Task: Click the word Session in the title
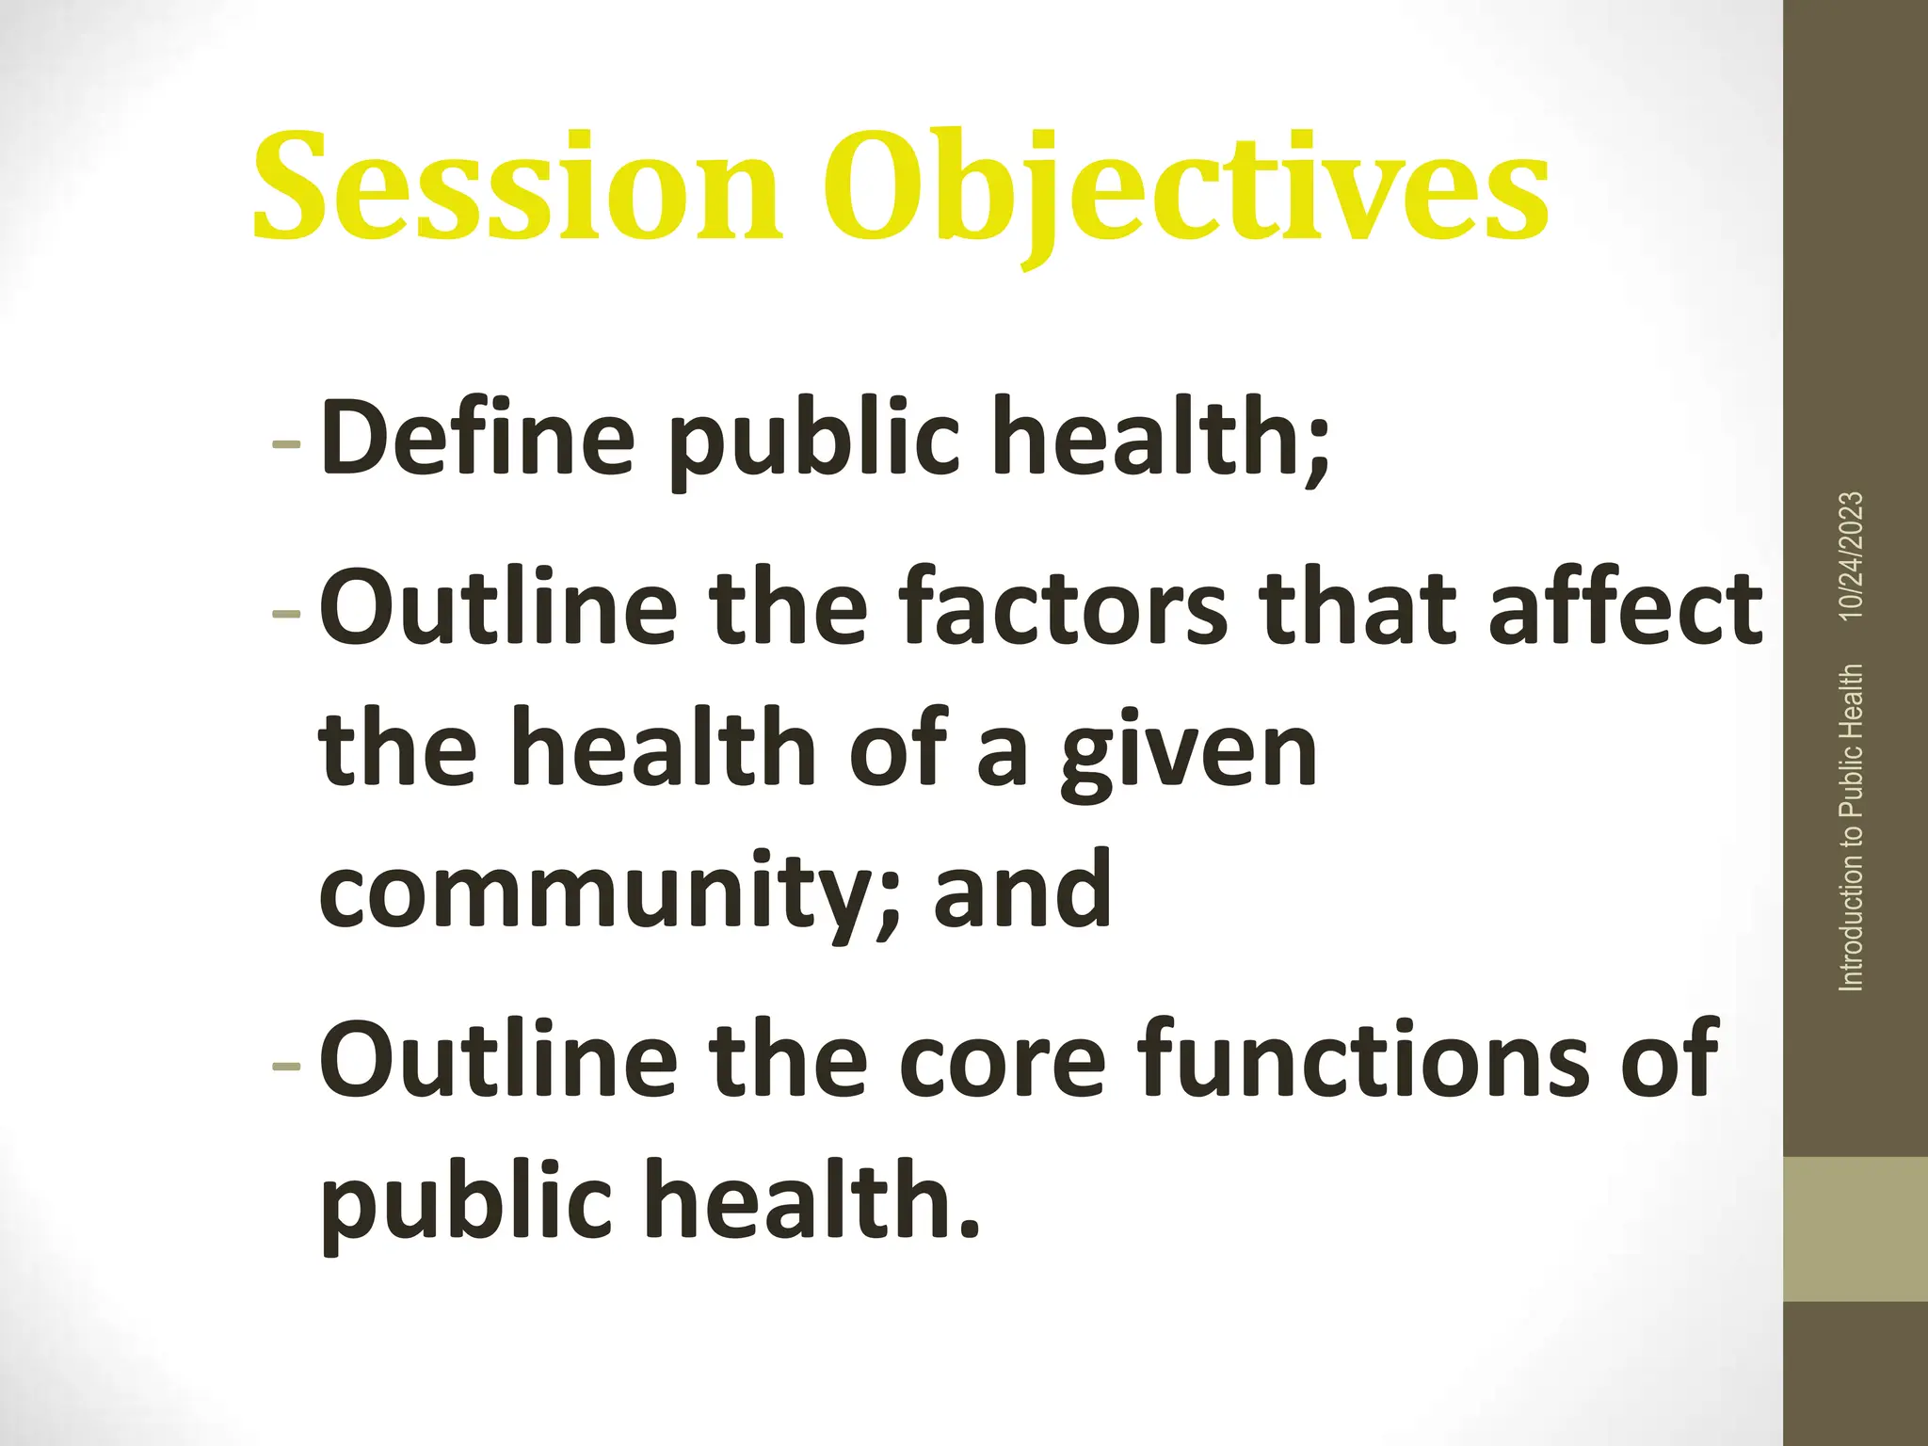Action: pyautogui.click(x=517, y=185)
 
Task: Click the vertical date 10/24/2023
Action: pyautogui.click(x=1852, y=555)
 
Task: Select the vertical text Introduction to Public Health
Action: pyautogui.click(x=1852, y=827)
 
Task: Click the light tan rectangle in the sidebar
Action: pyautogui.click(x=1855, y=1229)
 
